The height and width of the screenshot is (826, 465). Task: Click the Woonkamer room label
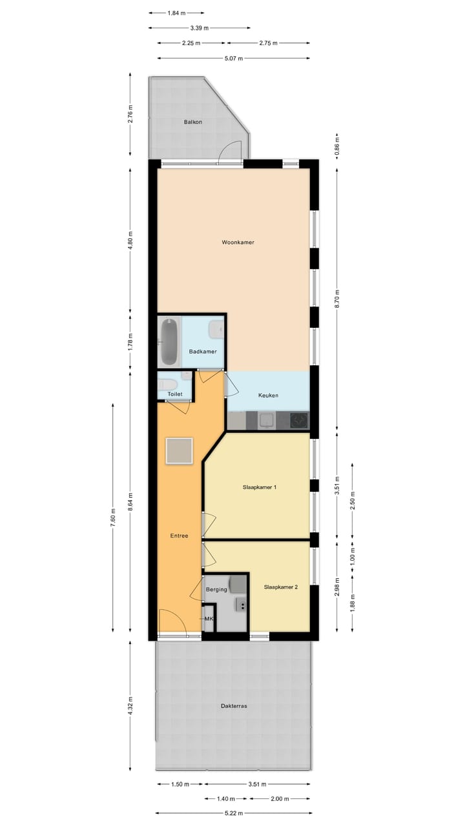238,243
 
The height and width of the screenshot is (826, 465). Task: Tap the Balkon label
192,121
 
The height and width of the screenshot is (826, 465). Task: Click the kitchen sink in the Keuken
265,421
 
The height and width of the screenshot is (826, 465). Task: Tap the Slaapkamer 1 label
260,487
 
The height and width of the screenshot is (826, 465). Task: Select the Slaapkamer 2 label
281,587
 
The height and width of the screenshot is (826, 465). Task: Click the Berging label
216,589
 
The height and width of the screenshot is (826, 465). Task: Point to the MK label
209,619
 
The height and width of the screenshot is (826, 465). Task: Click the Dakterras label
233,706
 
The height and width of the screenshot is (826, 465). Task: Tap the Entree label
179,536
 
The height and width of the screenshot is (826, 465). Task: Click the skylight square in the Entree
179,450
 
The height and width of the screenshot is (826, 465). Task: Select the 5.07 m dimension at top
234,59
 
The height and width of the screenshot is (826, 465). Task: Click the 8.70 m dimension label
337,297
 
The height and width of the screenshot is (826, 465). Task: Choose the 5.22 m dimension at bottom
233,813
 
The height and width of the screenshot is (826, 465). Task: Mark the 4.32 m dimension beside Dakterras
130,706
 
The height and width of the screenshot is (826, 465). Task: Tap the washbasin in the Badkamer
216,330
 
